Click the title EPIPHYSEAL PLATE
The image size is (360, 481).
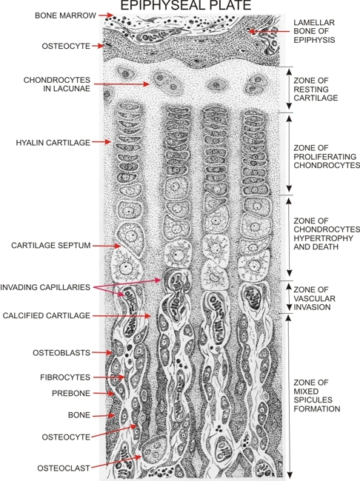pyautogui.click(x=186, y=5)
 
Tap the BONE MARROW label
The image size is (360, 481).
pyautogui.click(x=65, y=16)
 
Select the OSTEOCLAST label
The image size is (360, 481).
pyautogui.click(x=64, y=468)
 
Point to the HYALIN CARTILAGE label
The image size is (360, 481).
pyautogui.click(x=53, y=143)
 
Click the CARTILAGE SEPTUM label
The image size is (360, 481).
pyautogui.click(x=51, y=246)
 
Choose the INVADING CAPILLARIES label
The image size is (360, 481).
pyautogui.click(x=45, y=287)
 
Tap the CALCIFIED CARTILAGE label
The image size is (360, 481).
pyautogui.click(x=47, y=315)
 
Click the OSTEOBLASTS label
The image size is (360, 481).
pyautogui.click(x=61, y=353)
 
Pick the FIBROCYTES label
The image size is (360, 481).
pyautogui.click(x=65, y=377)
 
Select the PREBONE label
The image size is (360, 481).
pyautogui.click(x=71, y=393)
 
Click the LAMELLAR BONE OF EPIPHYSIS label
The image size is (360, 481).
pyautogui.click(x=314, y=31)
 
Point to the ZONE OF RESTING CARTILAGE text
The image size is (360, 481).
pyautogui.click(x=316, y=90)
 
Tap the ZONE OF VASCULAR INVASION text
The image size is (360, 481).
pyautogui.click(x=314, y=298)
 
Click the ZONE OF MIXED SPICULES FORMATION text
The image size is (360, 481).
pyautogui.click(x=317, y=396)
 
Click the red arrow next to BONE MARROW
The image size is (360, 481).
pyautogui.click(x=106, y=15)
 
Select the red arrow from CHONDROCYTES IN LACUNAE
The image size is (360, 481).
pyautogui.click(x=121, y=84)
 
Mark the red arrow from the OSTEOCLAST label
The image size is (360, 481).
pyautogui.click(x=116, y=462)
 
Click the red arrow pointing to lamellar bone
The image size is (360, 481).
pyautogui.click(x=269, y=31)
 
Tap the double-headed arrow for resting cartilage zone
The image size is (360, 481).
pyautogui.click(x=289, y=90)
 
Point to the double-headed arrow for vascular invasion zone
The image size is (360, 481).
pyautogui.click(x=289, y=297)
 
